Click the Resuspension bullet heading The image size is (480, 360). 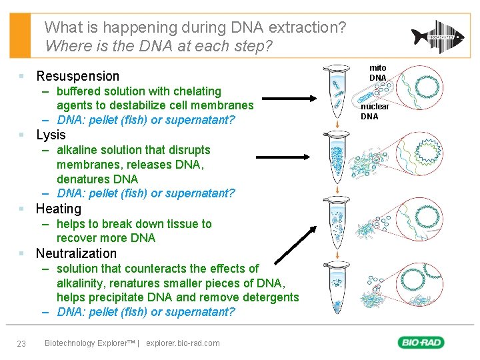(77, 76)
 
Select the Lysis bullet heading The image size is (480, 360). (51, 135)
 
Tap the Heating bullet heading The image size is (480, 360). (59, 209)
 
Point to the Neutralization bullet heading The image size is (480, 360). (76, 253)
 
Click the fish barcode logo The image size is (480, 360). (436, 36)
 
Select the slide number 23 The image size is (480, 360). (21, 343)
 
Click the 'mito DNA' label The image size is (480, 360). (378, 73)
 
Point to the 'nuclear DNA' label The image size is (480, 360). (375, 111)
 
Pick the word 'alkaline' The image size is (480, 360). (78, 150)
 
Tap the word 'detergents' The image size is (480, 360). (270, 297)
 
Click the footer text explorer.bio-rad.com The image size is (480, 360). (183, 343)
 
